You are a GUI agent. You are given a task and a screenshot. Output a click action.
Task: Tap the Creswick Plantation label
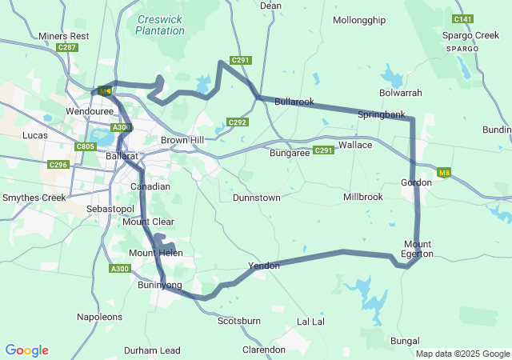point(160,25)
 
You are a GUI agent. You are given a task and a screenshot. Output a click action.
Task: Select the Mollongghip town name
point(358,20)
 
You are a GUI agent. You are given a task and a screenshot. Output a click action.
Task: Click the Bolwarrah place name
point(401,93)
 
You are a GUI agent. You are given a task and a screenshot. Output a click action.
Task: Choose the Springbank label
point(381,115)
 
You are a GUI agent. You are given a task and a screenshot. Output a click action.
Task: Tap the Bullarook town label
point(294,102)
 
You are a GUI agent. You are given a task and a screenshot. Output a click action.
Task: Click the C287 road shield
point(67,48)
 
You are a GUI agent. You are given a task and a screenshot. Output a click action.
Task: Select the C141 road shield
point(462,18)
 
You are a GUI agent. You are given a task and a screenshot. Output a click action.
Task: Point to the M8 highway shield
point(444,172)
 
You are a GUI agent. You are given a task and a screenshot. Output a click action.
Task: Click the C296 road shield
point(58,165)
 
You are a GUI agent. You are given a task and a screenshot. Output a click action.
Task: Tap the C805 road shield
point(85,147)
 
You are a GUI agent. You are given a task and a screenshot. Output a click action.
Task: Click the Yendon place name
point(264,265)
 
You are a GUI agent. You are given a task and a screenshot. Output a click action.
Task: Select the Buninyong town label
point(160,285)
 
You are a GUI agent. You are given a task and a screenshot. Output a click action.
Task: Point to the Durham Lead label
point(152,350)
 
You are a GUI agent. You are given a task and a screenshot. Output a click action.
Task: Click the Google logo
point(26,350)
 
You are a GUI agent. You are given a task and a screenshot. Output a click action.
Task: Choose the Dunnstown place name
point(256,197)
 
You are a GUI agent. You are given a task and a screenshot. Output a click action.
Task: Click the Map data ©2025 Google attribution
point(462,354)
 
